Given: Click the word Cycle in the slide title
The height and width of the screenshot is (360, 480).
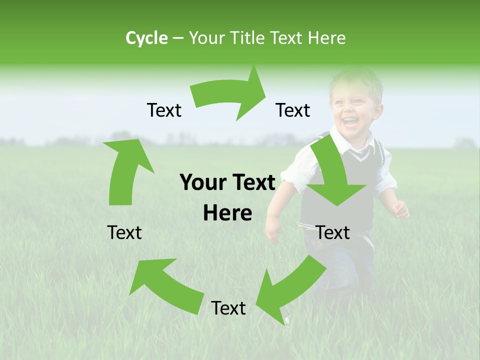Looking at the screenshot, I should (x=146, y=38).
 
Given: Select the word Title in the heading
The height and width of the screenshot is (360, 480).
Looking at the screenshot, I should (x=249, y=38).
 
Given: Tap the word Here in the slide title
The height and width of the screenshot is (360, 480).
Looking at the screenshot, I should (x=327, y=38).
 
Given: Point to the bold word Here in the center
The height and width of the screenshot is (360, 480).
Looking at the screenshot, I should (x=227, y=213).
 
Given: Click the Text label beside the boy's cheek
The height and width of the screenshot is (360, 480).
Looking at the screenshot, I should (x=293, y=110).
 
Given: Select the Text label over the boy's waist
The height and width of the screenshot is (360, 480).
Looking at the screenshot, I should (x=333, y=232).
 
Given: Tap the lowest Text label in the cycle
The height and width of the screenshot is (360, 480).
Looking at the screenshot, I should (x=228, y=308).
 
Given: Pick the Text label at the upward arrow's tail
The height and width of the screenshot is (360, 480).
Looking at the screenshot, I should (x=124, y=232).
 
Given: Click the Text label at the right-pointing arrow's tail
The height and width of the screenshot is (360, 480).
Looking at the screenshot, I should (x=164, y=110).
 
